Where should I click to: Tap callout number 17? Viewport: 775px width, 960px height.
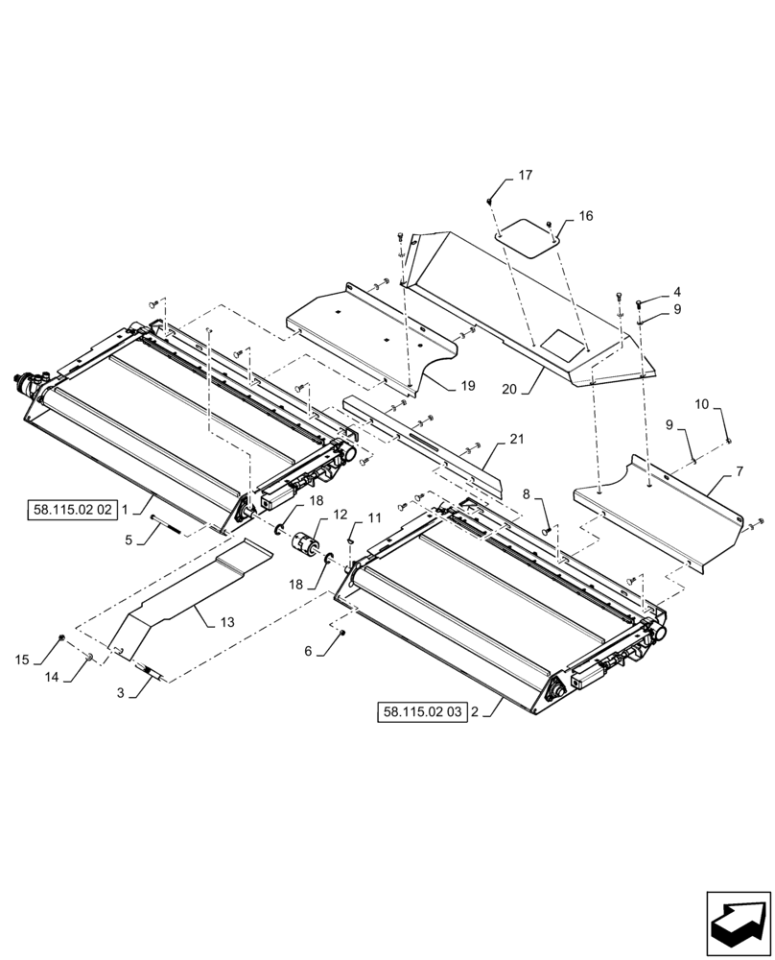point(526,175)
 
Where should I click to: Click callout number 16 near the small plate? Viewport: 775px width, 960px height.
point(585,216)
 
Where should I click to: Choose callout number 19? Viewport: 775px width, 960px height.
point(467,386)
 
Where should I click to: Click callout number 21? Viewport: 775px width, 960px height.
point(517,439)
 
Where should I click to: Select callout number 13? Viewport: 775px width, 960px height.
point(226,621)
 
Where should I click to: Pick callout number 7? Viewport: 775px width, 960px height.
point(740,472)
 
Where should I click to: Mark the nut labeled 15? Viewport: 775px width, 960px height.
point(62,637)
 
